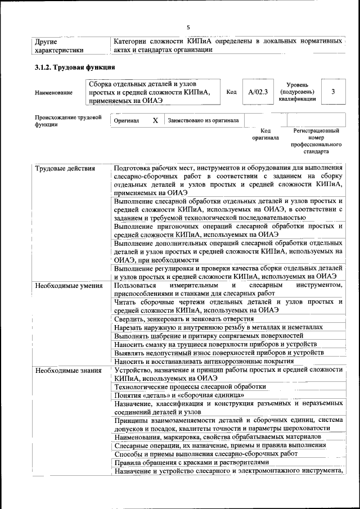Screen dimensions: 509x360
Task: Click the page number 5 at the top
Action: click(x=188, y=26)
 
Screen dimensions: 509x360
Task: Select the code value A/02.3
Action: click(x=257, y=91)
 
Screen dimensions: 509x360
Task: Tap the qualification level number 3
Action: click(x=333, y=91)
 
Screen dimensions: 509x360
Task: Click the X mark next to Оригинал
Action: click(x=155, y=120)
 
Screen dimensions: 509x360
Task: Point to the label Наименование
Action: click(x=53, y=92)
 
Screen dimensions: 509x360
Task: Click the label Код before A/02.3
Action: click(x=231, y=92)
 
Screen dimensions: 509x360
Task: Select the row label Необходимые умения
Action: click(x=68, y=286)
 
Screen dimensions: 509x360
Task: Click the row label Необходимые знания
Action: click(x=67, y=370)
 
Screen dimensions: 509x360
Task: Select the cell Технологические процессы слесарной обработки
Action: click(x=190, y=387)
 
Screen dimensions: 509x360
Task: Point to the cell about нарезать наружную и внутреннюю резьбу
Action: click(x=218, y=327)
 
